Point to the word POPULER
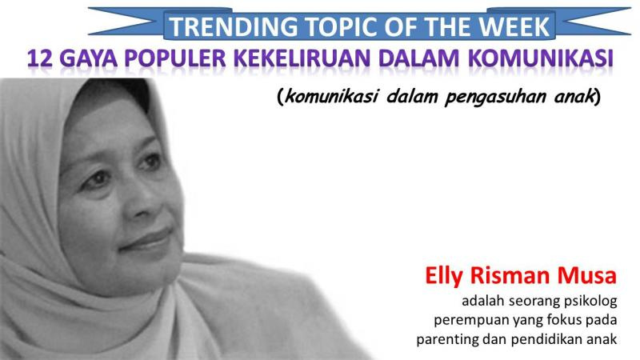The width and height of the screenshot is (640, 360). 175,58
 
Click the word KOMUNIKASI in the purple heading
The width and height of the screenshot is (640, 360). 541,58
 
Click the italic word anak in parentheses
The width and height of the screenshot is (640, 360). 574,97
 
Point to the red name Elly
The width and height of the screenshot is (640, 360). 444,276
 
